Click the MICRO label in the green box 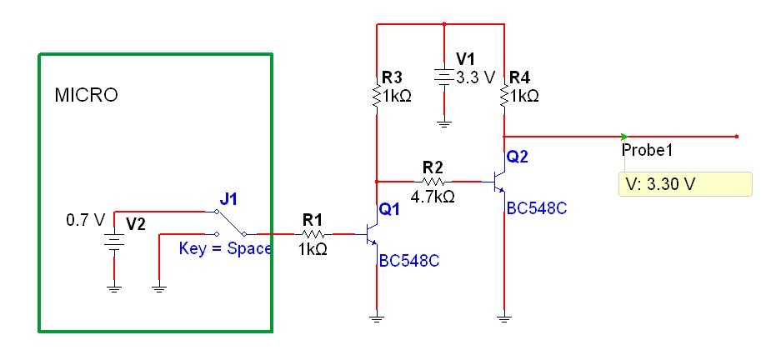point(86,95)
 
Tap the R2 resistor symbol point(433,180)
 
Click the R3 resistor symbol point(377,96)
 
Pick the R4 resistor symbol point(504,96)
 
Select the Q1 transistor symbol point(371,235)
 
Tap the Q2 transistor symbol point(498,181)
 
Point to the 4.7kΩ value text point(433,197)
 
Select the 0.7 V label point(85,222)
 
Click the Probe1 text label point(647,150)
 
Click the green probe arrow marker point(624,136)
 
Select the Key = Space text point(225,248)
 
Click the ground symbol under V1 point(443,123)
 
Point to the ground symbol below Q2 point(504,317)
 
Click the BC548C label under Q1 point(408,260)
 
